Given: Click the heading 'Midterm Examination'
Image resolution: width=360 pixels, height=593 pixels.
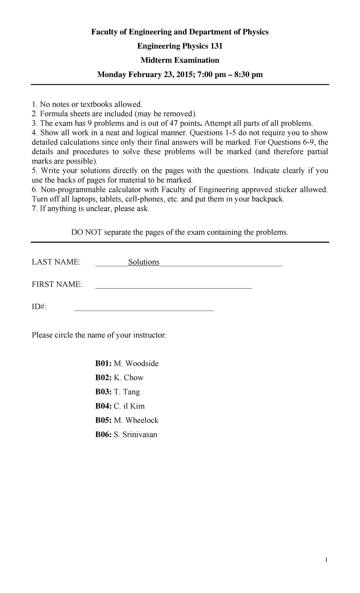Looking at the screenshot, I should coord(180,60).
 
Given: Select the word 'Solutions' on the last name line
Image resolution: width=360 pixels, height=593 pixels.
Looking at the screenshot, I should coord(144,262).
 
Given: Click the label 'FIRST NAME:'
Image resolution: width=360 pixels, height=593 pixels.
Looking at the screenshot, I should coord(57,284).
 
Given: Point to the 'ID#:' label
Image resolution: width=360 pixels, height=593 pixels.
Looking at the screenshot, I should coord(39,307).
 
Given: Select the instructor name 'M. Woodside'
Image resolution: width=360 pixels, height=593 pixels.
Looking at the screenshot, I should coord(136,363).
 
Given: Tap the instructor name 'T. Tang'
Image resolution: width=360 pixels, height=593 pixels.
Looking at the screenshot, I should coord(127,392).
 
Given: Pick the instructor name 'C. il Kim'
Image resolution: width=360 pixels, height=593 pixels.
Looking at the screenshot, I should coord(129,406).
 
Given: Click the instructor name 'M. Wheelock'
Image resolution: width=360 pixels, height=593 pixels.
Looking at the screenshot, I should coord(136,420).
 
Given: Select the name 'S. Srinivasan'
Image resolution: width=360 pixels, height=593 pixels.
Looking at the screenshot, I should coord(135,435).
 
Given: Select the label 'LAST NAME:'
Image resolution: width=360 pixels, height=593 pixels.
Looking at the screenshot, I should coord(56,262).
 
